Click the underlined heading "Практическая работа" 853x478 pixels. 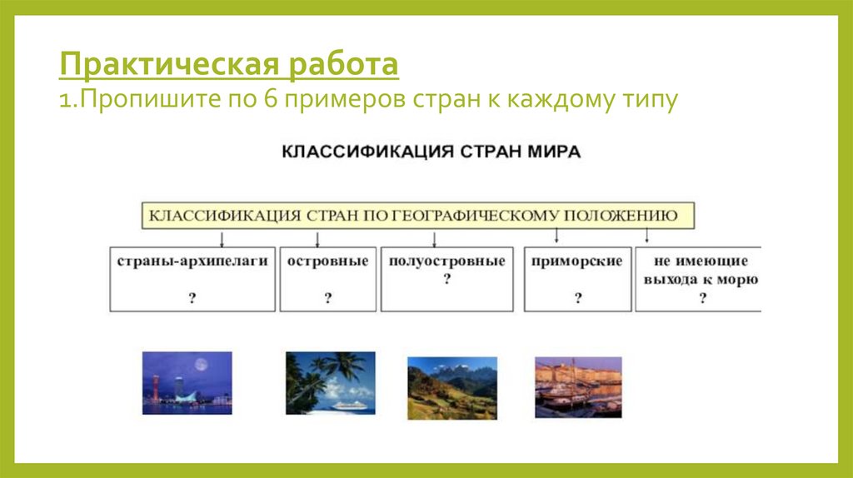[x=228, y=64]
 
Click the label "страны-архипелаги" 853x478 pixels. [x=192, y=261]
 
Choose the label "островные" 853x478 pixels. [x=327, y=261]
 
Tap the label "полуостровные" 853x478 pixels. [x=446, y=261]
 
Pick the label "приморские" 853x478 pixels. [x=577, y=261]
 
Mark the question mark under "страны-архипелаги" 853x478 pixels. [x=192, y=298]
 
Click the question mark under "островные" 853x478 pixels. [x=327, y=298]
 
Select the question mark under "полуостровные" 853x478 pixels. [x=446, y=280]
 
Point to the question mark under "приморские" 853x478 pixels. [x=577, y=298]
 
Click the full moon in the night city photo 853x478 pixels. [x=200, y=365]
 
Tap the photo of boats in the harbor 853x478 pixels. [x=577, y=387]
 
